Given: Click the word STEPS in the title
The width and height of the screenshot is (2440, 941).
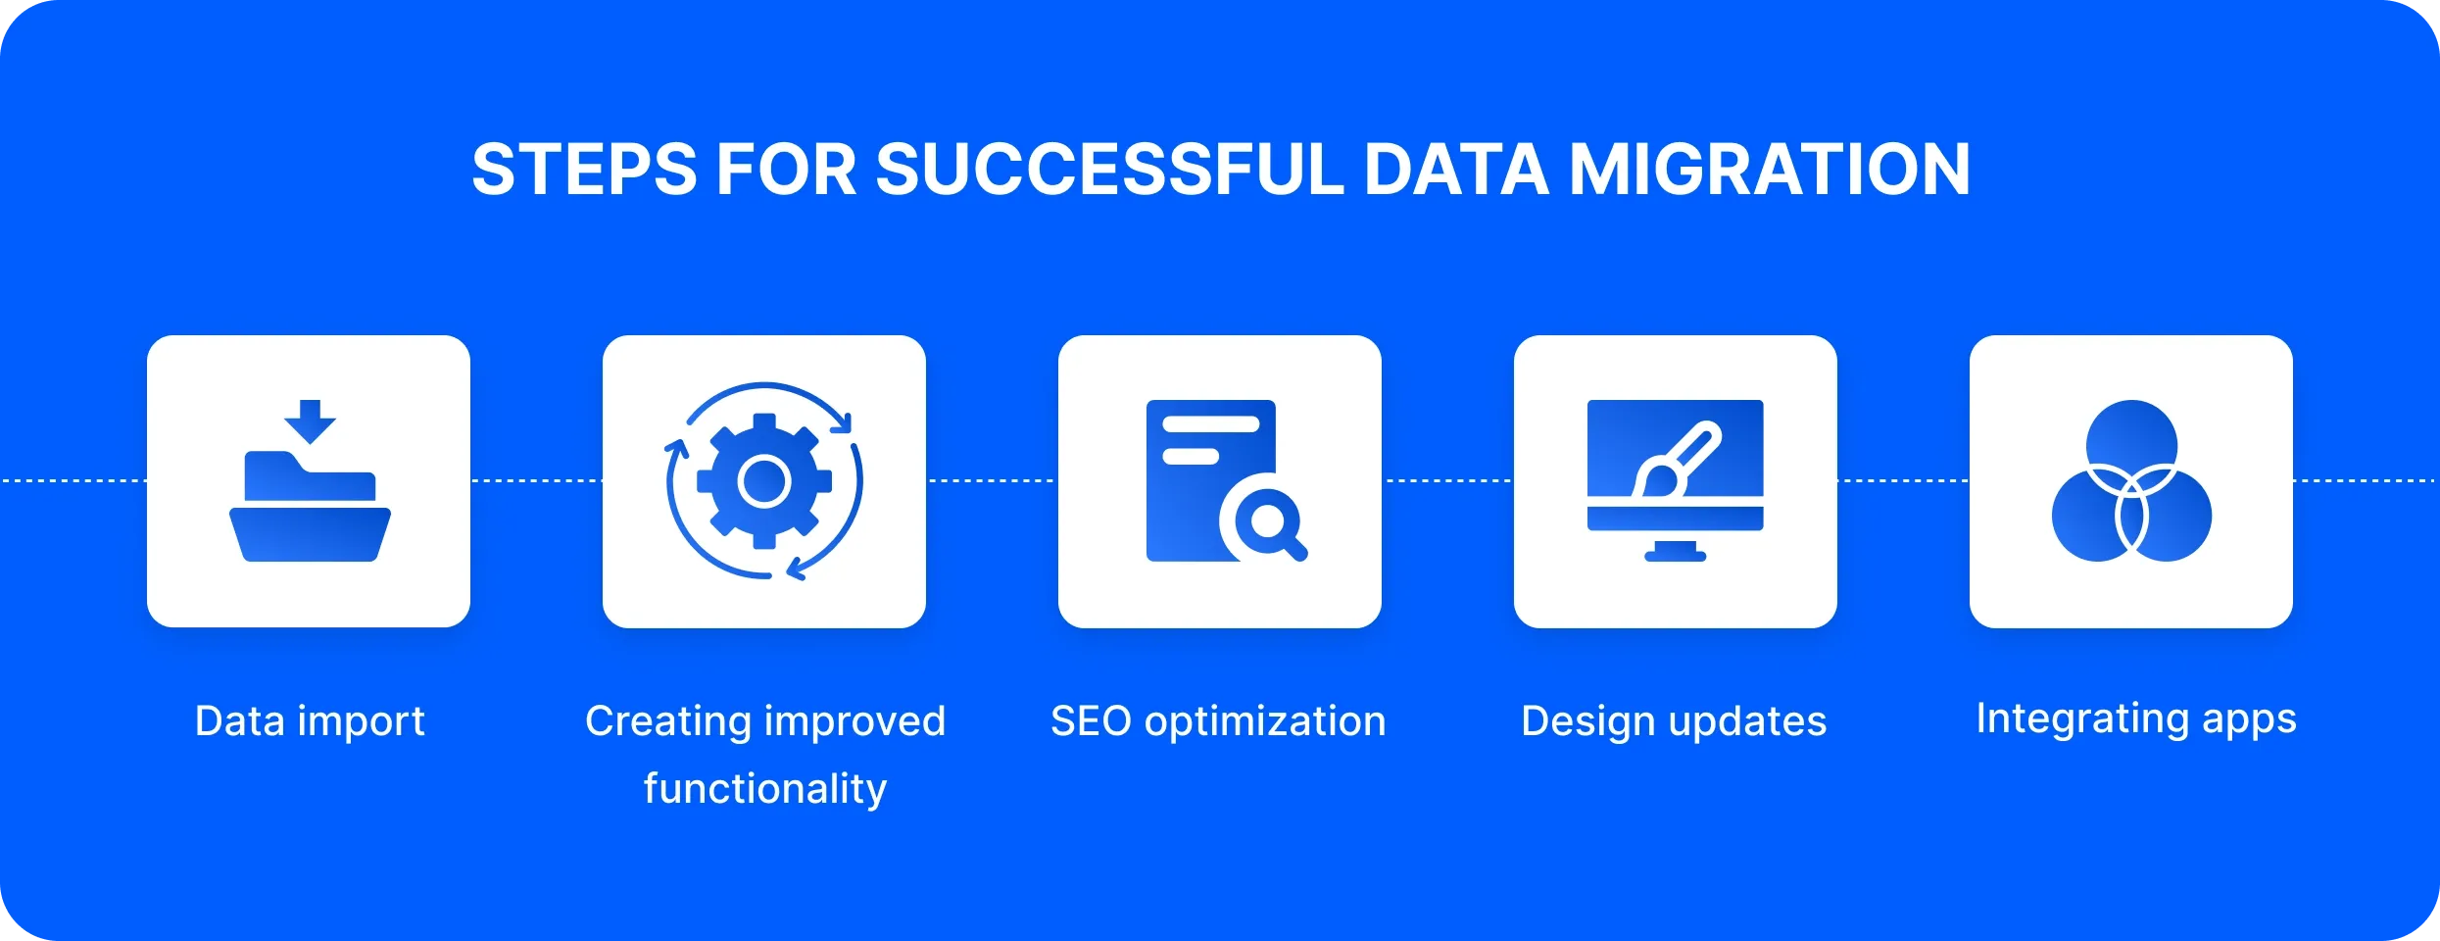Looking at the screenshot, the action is click(x=584, y=170).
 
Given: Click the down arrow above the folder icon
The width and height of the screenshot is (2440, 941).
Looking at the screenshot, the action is click(x=310, y=421).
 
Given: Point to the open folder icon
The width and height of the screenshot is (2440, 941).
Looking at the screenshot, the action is click(x=310, y=507).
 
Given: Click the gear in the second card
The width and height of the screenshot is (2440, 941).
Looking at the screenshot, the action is click(x=764, y=481).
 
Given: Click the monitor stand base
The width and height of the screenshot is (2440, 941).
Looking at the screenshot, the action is click(x=1676, y=556).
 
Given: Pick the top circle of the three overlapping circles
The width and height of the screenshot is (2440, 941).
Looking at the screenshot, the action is click(x=2131, y=444).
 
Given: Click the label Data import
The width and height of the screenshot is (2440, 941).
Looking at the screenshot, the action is click(x=310, y=721).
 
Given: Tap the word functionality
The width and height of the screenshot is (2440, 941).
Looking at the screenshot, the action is click(x=765, y=789).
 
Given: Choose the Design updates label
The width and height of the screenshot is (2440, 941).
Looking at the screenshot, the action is click(x=1674, y=721).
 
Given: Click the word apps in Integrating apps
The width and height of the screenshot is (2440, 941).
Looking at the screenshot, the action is click(x=2250, y=720).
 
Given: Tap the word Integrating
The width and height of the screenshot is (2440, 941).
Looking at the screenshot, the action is click(x=2082, y=718).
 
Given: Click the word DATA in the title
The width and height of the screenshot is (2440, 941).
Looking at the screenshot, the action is click(x=1456, y=170).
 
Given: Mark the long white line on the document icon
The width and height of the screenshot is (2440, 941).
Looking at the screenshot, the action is click(x=1211, y=424).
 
